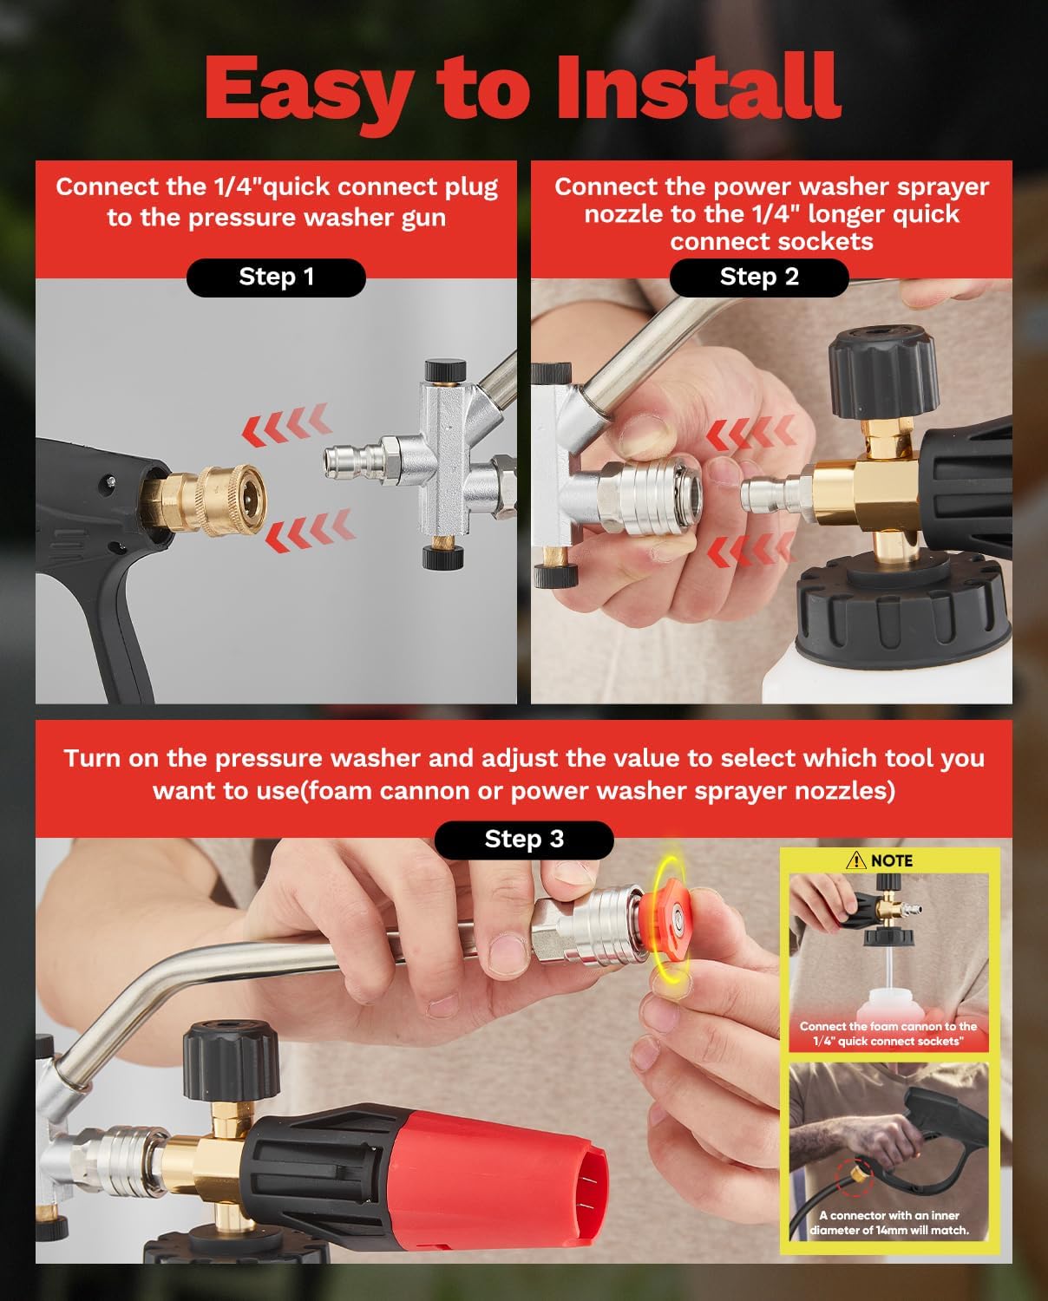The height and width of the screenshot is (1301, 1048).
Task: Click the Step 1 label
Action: tap(276, 278)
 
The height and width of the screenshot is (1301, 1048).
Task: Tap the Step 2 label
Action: tap(759, 278)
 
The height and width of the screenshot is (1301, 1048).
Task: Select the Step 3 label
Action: tap(524, 840)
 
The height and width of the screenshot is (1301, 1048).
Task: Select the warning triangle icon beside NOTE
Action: tap(856, 860)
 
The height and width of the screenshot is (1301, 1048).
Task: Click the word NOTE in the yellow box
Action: tap(891, 860)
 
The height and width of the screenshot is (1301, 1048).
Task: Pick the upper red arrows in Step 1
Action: tap(286, 425)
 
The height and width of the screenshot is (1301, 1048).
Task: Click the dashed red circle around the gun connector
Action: tap(855, 1177)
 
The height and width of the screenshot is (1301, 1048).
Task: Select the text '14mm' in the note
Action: tap(894, 1230)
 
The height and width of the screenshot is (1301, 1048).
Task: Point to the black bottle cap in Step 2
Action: tap(902, 607)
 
